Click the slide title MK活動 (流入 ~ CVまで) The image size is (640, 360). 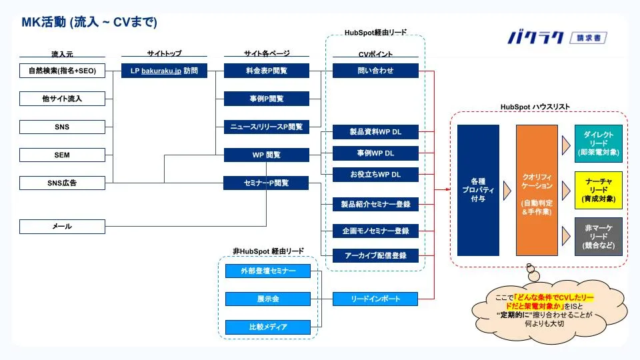click(89, 23)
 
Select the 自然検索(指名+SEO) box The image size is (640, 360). click(63, 71)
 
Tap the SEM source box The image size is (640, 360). click(63, 155)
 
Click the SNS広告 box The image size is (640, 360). click(63, 183)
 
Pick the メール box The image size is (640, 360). click(63, 227)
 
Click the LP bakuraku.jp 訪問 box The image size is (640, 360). click(164, 71)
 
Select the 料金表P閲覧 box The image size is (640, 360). click(267, 71)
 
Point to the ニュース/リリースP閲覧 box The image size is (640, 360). click(267, 127)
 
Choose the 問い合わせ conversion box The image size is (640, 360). click(375, 71)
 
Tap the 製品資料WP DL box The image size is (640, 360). click(375, 132)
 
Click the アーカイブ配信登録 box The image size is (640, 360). click(375, 255)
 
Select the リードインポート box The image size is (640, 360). click(375, 299)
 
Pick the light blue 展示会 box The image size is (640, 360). click(268, 299)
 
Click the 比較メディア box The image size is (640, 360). click(268, 327)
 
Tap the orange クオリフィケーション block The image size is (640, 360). click(537, 190)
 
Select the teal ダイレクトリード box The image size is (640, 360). click(599, 143)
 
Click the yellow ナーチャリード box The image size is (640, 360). click(599, 190)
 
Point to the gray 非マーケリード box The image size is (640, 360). click(599, 236)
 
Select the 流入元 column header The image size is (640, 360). click(63, 53)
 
